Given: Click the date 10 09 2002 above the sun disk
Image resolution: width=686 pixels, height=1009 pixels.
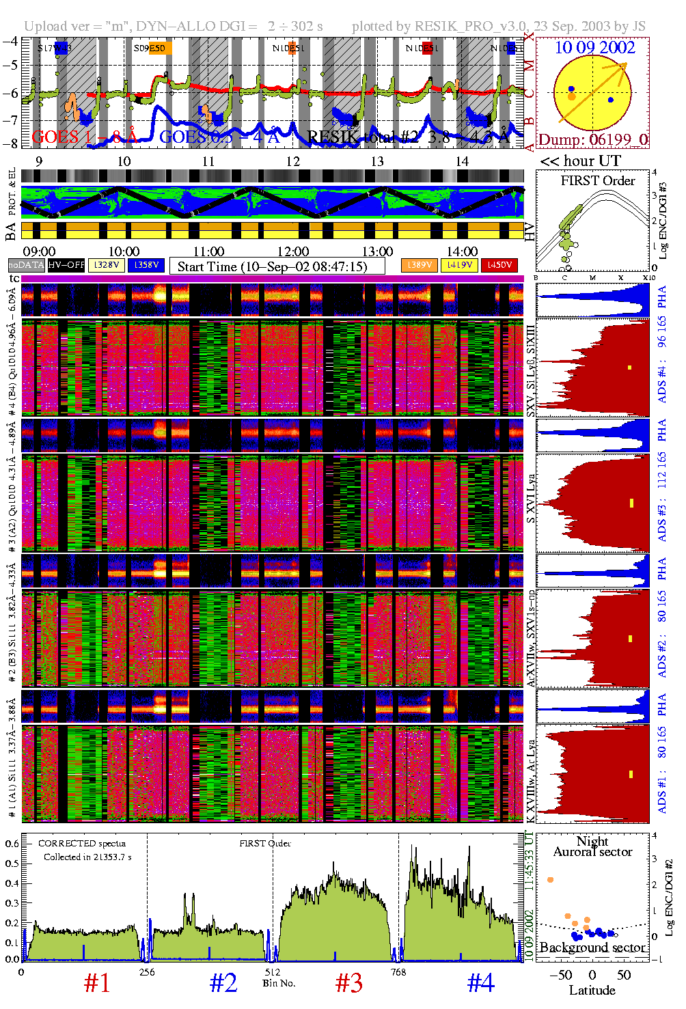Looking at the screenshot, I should [x=594, y=47].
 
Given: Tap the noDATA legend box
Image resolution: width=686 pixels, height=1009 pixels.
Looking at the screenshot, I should [x=27, y=265].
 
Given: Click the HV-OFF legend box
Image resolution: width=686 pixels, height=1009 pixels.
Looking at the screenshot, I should [x=66, y=265].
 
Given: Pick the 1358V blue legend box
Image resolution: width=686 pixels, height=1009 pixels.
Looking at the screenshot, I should [x=146, y=265].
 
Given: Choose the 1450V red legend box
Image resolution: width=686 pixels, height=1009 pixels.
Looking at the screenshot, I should [x=499, y=265].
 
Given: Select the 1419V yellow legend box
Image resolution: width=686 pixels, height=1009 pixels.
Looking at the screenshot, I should [x=460, y=265].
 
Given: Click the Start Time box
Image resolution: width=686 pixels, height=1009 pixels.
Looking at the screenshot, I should [x=277, y=266].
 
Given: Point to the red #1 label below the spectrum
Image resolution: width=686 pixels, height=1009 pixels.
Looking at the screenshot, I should [x=97, y=983].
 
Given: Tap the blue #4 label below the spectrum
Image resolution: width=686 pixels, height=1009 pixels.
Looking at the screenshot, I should [x=480, y=983].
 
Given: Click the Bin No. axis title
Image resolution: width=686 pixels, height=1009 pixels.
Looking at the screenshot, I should [x=279, y=983].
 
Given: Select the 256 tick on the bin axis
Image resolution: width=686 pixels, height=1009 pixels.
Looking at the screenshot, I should [x=147, y=972].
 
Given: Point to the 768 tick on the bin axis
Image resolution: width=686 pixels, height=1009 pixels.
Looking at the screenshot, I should [x=398, y=972].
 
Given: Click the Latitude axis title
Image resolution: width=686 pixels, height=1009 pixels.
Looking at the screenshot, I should [x=592, y=990].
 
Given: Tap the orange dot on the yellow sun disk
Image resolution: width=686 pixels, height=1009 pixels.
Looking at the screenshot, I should [x=571, y=97].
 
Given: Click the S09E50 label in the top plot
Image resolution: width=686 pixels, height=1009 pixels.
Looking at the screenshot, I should [x=150, y=49].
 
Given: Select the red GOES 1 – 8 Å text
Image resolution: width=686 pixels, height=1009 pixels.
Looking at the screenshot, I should [x=85, y=137].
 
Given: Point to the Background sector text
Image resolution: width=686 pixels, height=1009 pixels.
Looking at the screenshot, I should [x=592, y=948].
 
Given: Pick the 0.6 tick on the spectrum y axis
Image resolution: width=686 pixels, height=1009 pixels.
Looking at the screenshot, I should [x=12, y=844].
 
